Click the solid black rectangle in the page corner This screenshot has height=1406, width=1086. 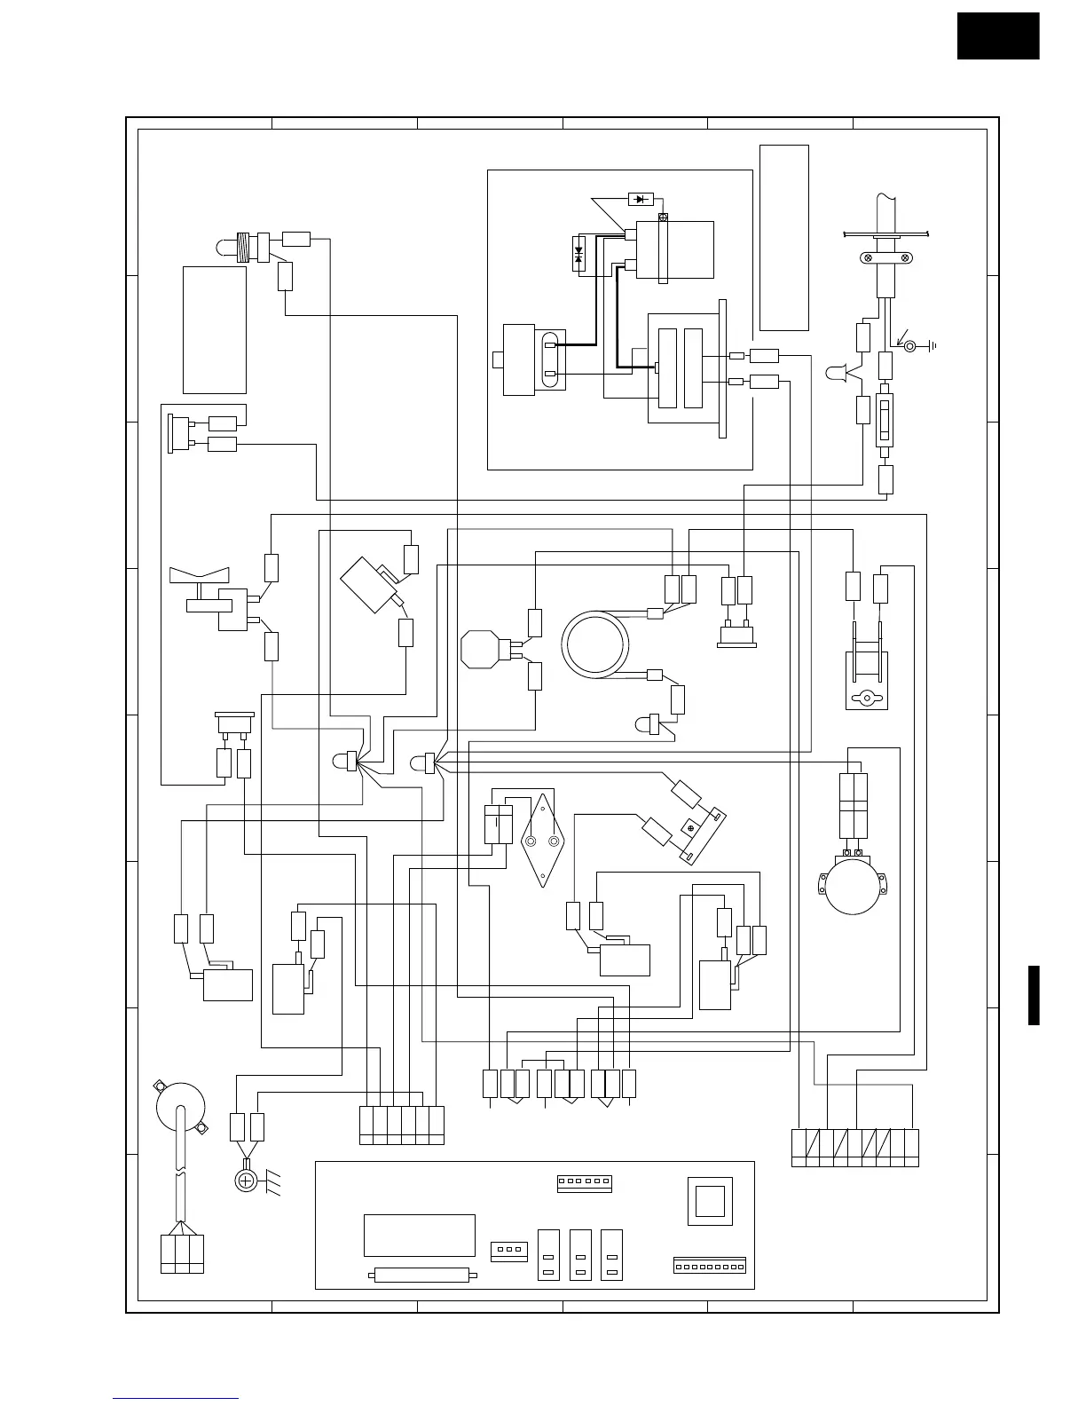[x=997, y=36]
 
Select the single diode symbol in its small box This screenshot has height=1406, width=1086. [x=640, y=199]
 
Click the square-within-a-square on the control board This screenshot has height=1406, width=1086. [x=710, y=1202]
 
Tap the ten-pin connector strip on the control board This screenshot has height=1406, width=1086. [x=709, y=1265]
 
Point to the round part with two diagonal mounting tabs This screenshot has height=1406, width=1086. [x=180, y=1105]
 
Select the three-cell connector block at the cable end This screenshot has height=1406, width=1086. [x=182, y=1253]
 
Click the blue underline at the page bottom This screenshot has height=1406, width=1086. [x=176, y=1400]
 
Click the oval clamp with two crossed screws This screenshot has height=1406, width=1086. [x=884, y=258]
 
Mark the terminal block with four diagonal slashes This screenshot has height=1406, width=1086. [x=854, y=1148]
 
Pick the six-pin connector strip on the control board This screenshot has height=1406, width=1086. [x=584, y=1182]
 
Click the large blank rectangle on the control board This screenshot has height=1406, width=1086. [x=420, y=1236]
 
